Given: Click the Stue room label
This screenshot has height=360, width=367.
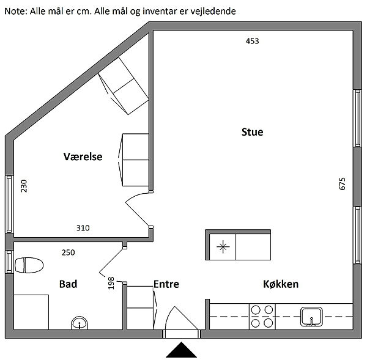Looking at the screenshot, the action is [252, 132].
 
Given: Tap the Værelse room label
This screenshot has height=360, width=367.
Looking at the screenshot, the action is [83, 156].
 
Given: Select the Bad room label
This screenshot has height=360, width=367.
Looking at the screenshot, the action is [68, 284].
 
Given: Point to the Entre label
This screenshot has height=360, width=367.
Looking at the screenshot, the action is [166, 284].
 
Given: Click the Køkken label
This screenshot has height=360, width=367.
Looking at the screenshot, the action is [281, 284].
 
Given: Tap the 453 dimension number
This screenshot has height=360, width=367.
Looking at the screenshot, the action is [252, 41].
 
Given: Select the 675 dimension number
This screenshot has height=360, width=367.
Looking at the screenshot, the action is [342, 184].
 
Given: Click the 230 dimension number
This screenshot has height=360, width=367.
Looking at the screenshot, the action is [24, 186].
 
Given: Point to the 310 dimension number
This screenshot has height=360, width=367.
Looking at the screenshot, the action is [83, 228].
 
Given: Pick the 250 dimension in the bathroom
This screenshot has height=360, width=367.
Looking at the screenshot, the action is [68, 252].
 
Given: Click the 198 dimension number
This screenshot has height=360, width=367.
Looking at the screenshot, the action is [111, 283].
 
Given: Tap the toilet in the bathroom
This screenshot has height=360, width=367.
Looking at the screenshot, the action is [29, 265].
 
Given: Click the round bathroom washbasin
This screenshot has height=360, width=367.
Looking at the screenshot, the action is [80, 323].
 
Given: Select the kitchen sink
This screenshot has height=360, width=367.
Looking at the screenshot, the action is [311, 317].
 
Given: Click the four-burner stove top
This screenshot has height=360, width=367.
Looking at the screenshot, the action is [262, 317].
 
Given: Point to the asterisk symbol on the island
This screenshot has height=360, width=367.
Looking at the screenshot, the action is [223, 246].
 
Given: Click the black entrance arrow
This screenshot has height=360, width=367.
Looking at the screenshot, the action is [182, 350].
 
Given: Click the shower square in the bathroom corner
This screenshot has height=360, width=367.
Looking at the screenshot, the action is [31, 312].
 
